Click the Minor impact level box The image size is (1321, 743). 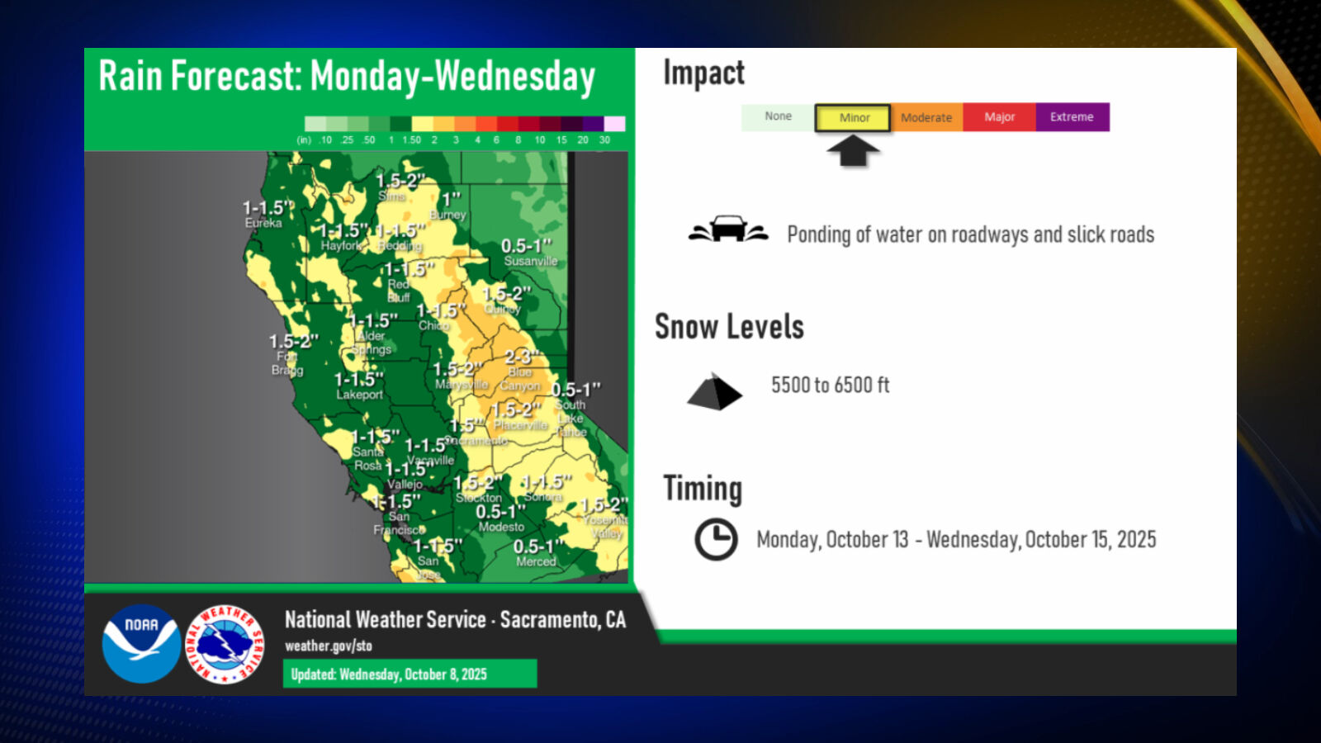(853, 117)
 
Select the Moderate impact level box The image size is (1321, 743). (926, 117)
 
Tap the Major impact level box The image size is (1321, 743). (999, 117)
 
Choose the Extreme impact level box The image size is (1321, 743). (1072, 117)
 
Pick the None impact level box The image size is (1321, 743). (778, 116)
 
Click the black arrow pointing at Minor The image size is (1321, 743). (853, 149)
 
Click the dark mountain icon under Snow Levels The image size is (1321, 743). (714, 392)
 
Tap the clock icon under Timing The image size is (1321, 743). (716, 539)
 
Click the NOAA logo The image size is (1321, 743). (141, 644)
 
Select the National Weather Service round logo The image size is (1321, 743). (225, 644)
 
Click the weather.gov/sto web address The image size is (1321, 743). (329, 646)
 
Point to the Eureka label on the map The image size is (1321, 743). (263, 223)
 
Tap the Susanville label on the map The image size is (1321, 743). (531, 261)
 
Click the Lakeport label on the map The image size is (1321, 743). (359, 395)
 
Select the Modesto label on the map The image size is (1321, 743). (501, 527)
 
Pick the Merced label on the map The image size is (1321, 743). (536, 561)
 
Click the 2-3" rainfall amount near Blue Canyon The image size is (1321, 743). (522, 357)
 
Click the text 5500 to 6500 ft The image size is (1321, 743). (830, 385)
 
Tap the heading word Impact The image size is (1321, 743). (703, 73)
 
